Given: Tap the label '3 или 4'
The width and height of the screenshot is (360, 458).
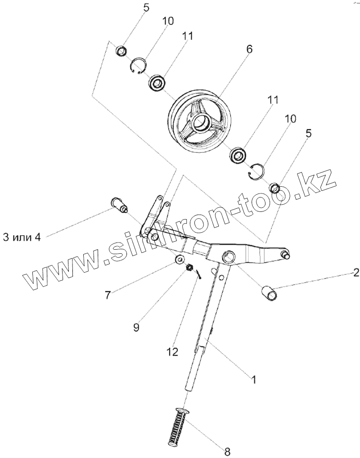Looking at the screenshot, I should click(22, 237).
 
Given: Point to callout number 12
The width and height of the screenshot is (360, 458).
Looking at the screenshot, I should click(172, 350).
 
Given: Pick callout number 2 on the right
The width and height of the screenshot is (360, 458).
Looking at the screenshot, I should click(355, 272).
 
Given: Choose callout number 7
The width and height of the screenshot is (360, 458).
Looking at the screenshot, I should click(108, 295).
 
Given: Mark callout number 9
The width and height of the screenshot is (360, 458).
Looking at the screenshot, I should click(136, 327).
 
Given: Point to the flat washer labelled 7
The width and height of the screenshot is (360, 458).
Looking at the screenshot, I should click(180, 260).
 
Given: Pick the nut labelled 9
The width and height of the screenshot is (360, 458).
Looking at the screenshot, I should click(189, 268).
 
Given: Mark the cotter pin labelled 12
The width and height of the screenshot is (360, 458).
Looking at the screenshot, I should click(199, 273).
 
